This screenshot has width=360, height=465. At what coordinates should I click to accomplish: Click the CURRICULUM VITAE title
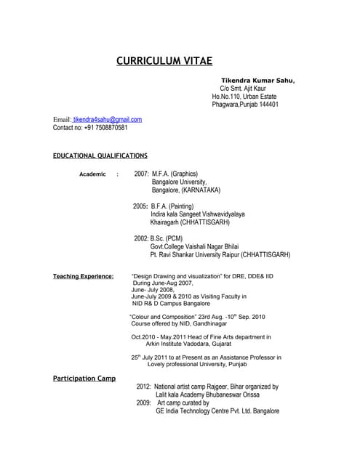pos(164,60)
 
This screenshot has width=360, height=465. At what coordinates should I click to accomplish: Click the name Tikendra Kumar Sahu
pos(258,81)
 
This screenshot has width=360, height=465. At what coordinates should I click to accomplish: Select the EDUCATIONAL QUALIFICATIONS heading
pos(100,156)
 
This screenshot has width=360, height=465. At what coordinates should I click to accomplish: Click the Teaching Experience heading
pos(83,277)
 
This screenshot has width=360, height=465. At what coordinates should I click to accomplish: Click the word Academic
pos(92,175)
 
